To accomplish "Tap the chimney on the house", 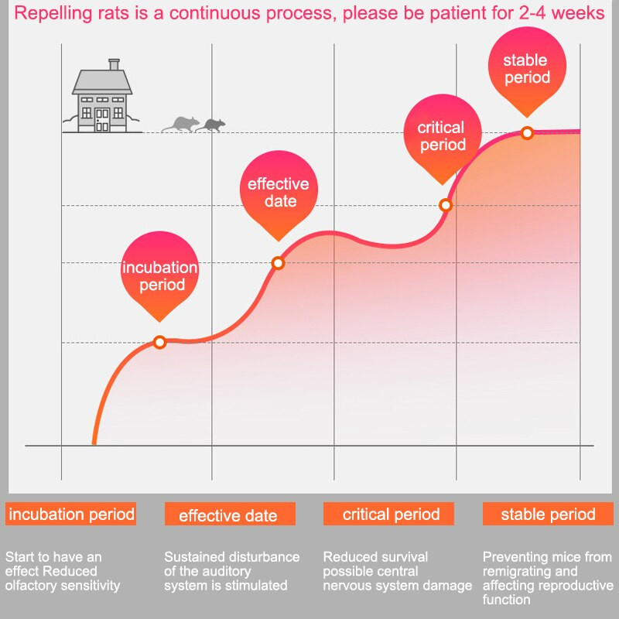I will point(114,65).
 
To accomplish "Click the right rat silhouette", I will point(212,125).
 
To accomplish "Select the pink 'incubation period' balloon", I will point(159,276).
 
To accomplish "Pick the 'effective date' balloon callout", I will point(278,193).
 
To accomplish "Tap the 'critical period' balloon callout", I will point(442,136).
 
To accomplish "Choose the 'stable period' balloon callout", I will point(526,69).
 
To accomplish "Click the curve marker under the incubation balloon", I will point(160,342).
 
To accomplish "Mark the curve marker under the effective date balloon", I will point(279,263).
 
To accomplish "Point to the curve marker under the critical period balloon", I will point(445,205).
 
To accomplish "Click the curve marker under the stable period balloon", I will point(527,133).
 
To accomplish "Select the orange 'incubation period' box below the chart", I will point(71,514).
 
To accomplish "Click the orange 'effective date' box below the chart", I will point(230,515).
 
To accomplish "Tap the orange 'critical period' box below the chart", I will point(391,514).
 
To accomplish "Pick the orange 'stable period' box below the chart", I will point(548,514).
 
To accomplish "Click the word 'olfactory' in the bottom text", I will point(32,586).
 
